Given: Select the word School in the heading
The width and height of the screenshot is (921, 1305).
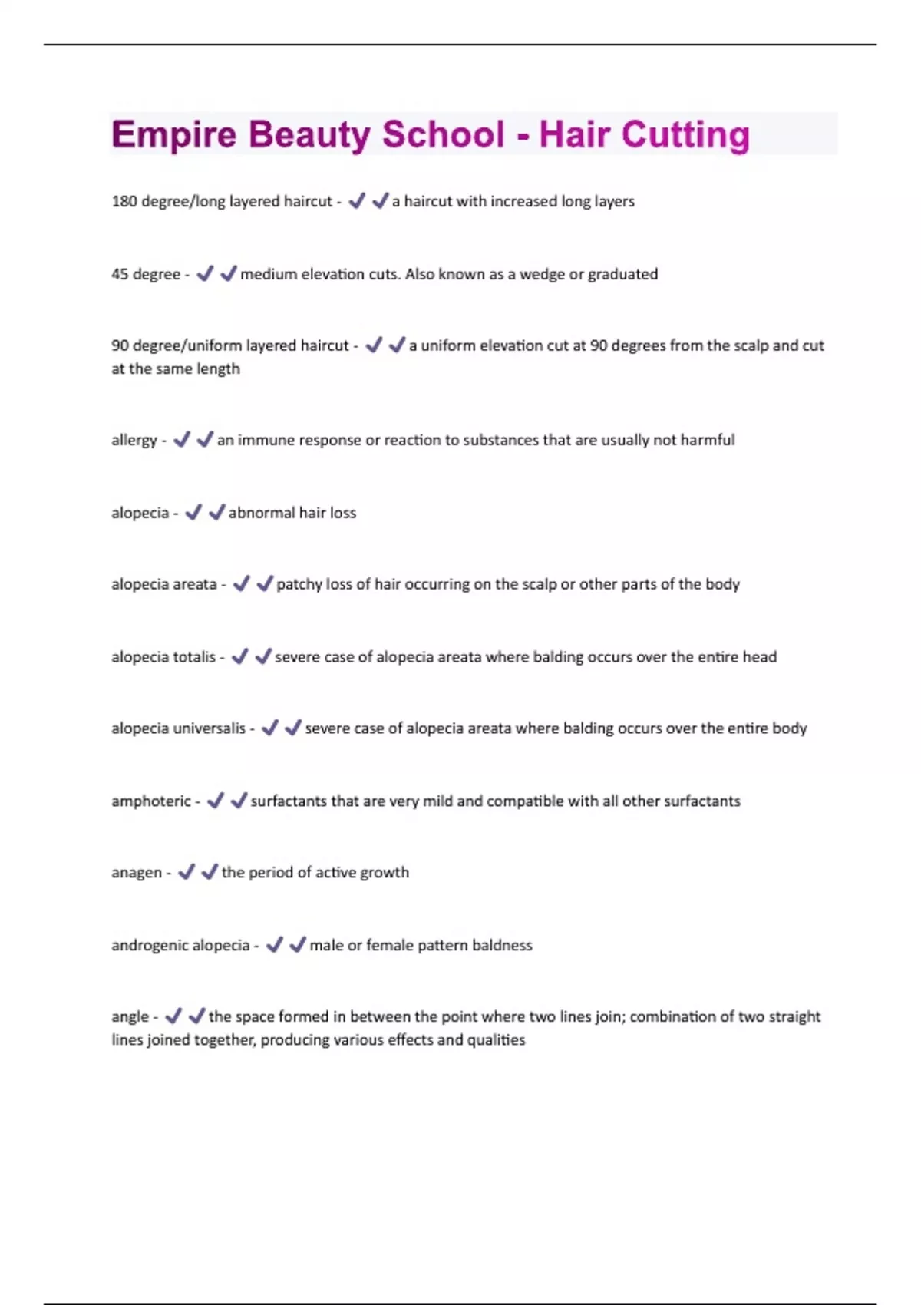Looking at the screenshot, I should pyautogui.click(x=443, y=135).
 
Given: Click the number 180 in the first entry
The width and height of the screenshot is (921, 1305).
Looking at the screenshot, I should pyautogui.click(x=124, y=201).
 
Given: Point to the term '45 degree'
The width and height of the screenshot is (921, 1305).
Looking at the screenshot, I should pyautogui.click(x=146, y=274).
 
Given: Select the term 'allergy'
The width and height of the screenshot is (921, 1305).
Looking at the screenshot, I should pyautogui.click(x=134, y=441).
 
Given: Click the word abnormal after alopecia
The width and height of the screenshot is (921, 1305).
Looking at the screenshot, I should pyautogui.click(x=262, y=513).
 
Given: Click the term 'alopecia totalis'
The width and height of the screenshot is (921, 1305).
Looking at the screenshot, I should pyautogui.click(x=163, y=657).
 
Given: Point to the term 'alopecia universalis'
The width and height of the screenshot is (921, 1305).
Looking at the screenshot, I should pyautogui.click(x=178, y=728).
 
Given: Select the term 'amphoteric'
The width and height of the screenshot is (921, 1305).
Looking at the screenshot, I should pyautogui.click(x=151, y=801).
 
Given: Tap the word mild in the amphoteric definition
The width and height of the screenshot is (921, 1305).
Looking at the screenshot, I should pyautogui.click(x=437, y=801).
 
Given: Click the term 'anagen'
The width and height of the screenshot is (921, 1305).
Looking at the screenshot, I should pyautogui.click(x=137, y=873).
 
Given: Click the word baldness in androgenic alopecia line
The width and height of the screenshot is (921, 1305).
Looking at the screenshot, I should pyautogui.click(x=502, y=945).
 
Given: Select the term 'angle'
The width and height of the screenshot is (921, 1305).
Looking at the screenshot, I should pyautogui.click(x=130, y=1017).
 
